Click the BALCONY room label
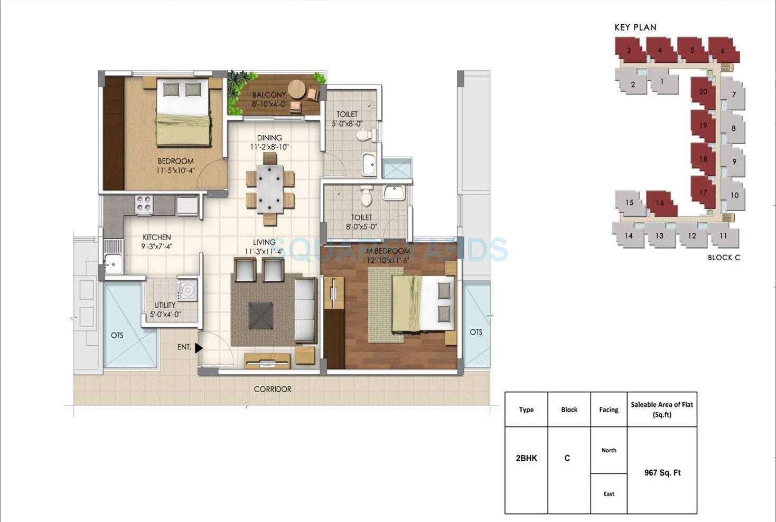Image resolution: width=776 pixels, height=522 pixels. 269,95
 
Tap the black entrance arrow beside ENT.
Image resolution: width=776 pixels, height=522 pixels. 199,348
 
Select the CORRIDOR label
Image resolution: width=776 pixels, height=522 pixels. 273,389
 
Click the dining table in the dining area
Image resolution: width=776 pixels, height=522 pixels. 270,188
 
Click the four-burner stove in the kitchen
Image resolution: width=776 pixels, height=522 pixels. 144,205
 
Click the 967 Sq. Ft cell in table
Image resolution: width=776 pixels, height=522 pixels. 662,472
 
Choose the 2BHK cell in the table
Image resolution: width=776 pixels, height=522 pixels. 526,458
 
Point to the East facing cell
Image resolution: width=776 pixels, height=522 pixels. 609,494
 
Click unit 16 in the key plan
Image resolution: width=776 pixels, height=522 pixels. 660,203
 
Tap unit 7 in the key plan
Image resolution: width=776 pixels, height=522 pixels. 733,95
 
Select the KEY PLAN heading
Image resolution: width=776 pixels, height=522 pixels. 635,27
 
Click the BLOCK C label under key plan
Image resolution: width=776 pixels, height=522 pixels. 724,258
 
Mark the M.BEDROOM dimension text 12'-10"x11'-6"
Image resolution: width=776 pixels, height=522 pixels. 388,260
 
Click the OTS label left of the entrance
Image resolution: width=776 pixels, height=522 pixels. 117,335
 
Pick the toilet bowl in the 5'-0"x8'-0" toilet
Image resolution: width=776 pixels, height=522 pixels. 363,136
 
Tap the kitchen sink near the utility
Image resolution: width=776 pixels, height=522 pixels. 113,263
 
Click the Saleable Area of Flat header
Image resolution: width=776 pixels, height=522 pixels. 662,409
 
